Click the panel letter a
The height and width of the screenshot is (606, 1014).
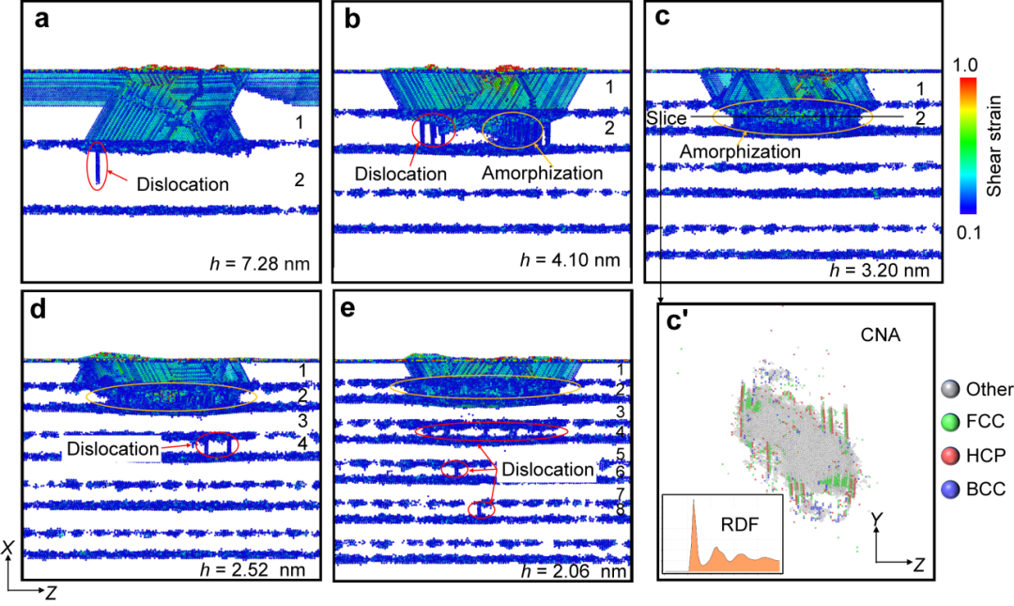point(42,20)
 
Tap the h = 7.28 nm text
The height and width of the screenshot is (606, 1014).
point(260,263)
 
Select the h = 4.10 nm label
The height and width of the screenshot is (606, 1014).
point(571,259)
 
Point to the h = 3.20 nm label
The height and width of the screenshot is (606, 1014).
point(880,270)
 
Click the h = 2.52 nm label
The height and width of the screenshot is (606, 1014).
point(254,570)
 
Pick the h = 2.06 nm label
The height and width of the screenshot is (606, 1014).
point(574,570)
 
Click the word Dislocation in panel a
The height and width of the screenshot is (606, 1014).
point(182,184)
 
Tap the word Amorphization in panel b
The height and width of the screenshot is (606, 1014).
point(542,173)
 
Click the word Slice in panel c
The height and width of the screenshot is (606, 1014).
point(667,118)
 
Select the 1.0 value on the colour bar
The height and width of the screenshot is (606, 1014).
point(965,66)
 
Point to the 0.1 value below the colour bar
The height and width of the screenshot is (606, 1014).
point(969,232)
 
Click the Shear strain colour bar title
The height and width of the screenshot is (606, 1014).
point(994,146)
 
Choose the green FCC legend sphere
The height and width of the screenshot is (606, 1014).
point(949,422)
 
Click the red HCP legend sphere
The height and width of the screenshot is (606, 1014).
point(949,456)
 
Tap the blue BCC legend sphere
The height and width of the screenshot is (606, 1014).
point(949,489)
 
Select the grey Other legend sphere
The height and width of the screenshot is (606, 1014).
point(949,389)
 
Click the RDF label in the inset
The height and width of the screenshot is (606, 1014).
point(739,524)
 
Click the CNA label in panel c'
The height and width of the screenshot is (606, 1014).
point(880,334)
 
